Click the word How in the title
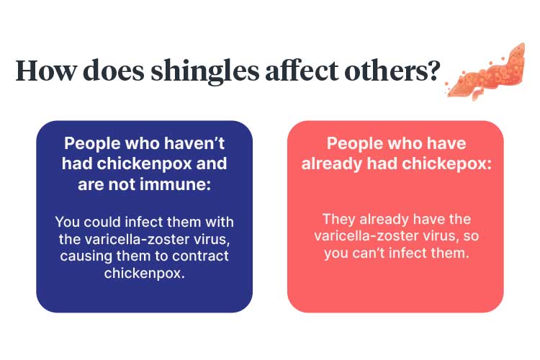pos(46,71)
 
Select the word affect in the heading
pos(302,70)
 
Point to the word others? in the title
pos(392,70)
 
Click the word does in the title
pos(114,70)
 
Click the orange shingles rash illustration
pos(485,73)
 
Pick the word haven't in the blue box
pos(194,143)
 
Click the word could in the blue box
pos(102,222)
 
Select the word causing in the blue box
pos(86,256)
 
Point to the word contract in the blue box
pos(200,256)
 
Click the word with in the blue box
pos(220,222)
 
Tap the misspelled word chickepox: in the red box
pos(446,164)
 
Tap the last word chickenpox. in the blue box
pos(144,274)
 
